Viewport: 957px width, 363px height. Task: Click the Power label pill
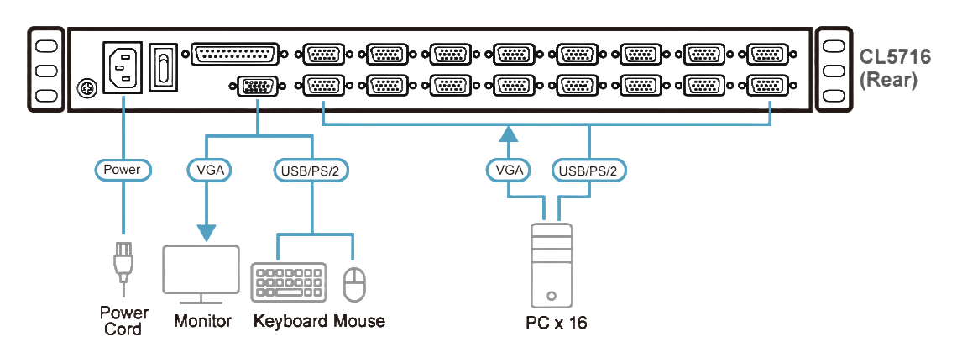pos(122,170)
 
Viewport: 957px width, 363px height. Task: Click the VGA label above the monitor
pos(207,170)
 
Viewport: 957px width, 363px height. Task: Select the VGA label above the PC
pos(508,171)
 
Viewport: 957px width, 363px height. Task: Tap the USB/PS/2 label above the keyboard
pos(311,170)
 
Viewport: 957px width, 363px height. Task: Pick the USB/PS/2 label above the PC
pos(589,171)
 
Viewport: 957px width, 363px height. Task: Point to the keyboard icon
pos(288,282)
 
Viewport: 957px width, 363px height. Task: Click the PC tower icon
pos(551,265)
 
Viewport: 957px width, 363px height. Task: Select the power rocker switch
pos(165,66)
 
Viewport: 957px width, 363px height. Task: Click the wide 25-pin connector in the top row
pos(235,55)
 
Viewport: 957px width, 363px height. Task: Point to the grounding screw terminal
pos(84,87)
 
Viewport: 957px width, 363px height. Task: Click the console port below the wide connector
pos(256,86)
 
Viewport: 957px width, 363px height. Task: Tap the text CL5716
pos(894,58)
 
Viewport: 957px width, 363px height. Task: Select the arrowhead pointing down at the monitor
pos(207,230)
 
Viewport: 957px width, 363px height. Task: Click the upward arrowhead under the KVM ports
pos(508,134)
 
